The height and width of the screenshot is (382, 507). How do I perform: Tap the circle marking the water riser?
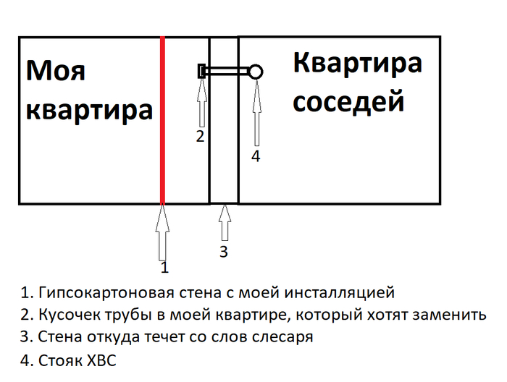coord(255,71)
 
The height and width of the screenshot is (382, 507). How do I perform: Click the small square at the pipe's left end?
coord(202,71)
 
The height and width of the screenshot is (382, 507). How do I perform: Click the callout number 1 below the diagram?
coord(164,268)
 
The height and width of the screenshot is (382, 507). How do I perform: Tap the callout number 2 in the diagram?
coord(201,136)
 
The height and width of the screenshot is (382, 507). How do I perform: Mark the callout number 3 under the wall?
coord(224,251)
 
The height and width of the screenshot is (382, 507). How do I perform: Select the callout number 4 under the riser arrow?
coord(255,156)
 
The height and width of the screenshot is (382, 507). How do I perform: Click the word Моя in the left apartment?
coord(56,72)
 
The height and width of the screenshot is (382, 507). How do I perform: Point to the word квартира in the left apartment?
coord(89,111)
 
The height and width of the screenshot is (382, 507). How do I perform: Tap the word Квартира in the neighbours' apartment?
coord(358,63)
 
